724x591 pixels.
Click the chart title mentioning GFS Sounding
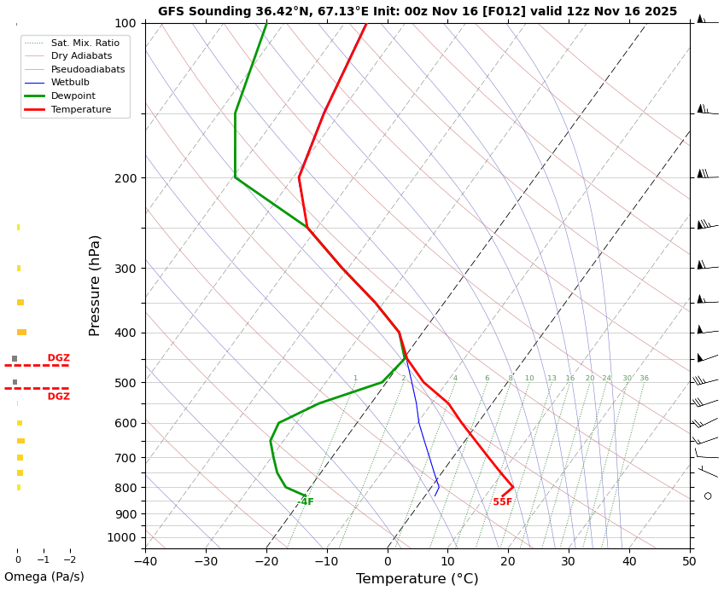click(417, 12)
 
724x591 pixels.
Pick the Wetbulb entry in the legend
click(70, 83)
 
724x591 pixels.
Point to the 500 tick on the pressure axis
click(125, 383)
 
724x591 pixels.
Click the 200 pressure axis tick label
click(125, 178)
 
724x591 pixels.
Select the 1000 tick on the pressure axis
click(121, 537)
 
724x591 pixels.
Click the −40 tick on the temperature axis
click(145, 561)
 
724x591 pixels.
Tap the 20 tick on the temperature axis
click(508, 561)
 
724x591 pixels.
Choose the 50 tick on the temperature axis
click(689, 561)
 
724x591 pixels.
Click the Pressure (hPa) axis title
click(95, 285)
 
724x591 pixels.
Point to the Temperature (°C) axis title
click(417, 579)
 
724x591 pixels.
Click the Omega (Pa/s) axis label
click(44, 577)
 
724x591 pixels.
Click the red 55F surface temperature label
click(503, 502)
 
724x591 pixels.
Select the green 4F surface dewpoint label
click(307, 502)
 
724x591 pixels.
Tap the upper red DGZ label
click(59, 358)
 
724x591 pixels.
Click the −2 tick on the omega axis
click(70, 560)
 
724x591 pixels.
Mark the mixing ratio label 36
click(644, 379)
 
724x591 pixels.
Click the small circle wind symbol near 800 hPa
click(708, 495)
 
